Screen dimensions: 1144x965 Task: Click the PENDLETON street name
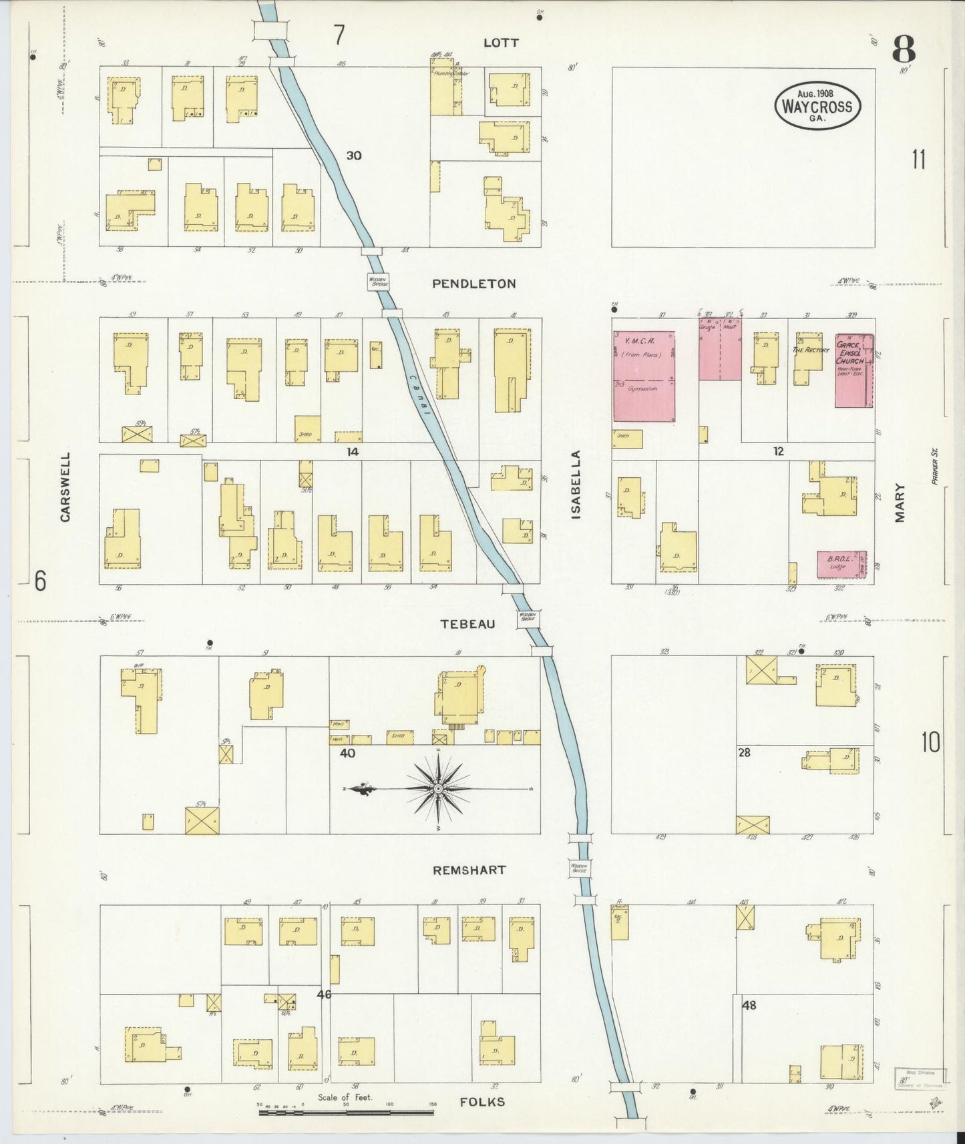tap(473, 284)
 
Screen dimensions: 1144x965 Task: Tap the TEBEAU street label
tap(467, 624)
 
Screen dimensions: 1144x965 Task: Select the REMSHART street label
tap(469, 870)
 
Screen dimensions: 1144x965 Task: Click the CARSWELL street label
tap(65, 487)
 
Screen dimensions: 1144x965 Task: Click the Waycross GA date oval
tap(817, 105)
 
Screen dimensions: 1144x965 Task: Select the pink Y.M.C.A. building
tap(644, 376)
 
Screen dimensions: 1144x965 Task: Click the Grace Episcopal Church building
tap(853, 370)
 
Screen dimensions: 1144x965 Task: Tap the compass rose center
tap(437, 789)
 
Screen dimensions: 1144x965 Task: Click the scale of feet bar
tap(346, 1113)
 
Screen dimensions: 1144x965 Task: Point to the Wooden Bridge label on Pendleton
tap(378, 282)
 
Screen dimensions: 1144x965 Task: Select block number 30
tap(354, 156)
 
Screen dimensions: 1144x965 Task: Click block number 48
tap(749, 1005)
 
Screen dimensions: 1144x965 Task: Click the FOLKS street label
tap(482, 1102)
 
